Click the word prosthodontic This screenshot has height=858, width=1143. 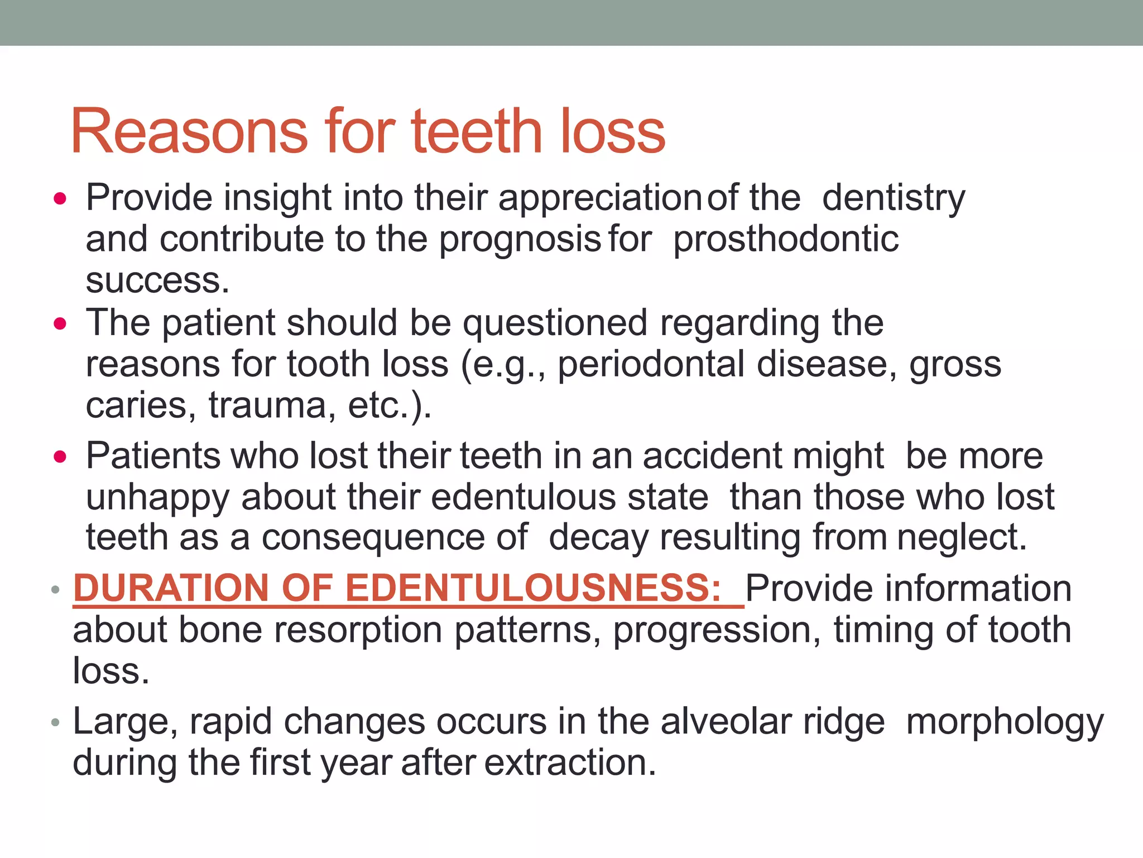coord(786,239)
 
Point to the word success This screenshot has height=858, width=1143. coord(157,280)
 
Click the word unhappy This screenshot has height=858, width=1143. coord(157,497)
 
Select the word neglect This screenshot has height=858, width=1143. coord(962,537)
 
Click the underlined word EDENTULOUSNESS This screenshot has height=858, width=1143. coord(533,588)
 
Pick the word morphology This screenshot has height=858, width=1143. coord(1005,722)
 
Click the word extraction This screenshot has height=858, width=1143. coord(570,763)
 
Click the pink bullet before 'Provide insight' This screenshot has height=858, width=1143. coord(60,199)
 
